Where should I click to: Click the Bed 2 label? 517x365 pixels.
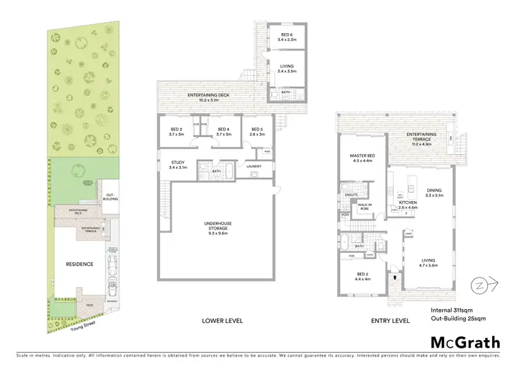[x=363, y=276]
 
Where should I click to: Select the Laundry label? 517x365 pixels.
[x=254, y=165]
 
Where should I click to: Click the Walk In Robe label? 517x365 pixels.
[x=365, y=206]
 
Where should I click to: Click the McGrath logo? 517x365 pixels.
[x=465, y=342]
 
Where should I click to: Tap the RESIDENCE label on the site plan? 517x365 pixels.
[x=71, y=264]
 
